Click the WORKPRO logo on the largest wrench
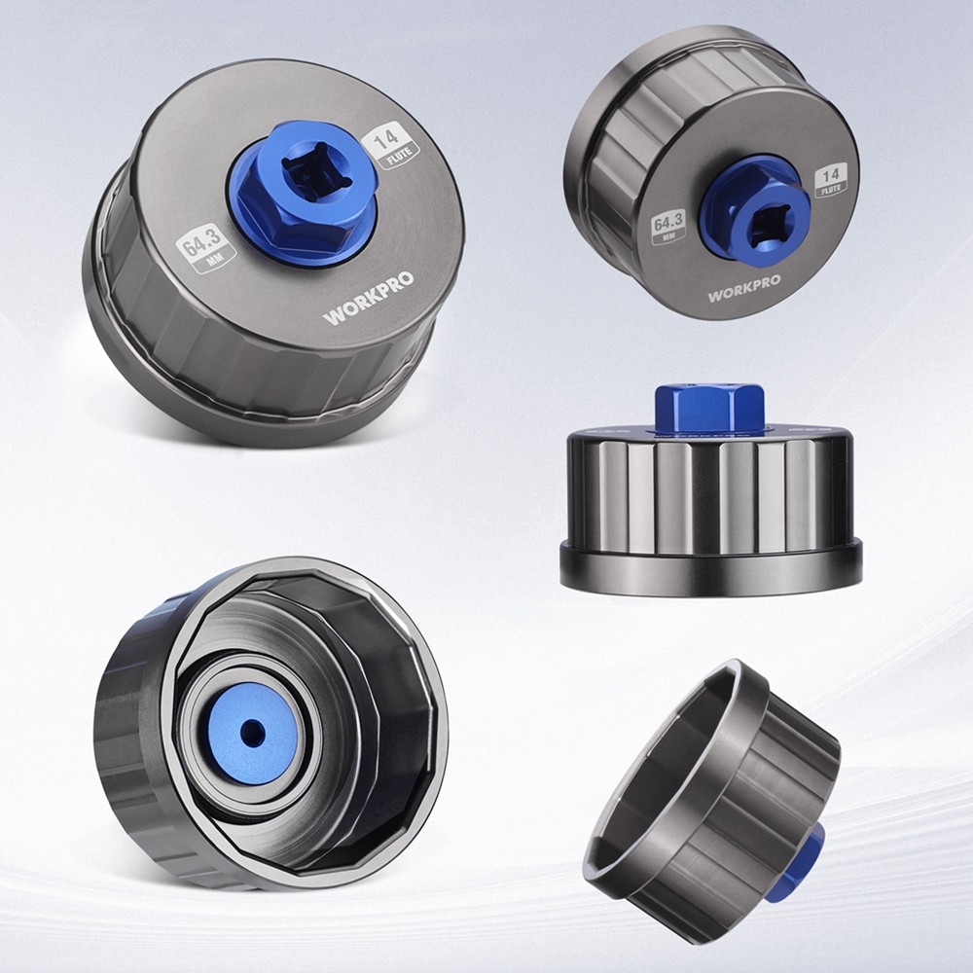(x=368, y=298)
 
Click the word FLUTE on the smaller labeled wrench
(x=831, y=189)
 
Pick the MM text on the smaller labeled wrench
(x=669, y=235)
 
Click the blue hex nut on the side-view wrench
(x=709, y=407)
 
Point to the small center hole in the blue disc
(x=252, y=734)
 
